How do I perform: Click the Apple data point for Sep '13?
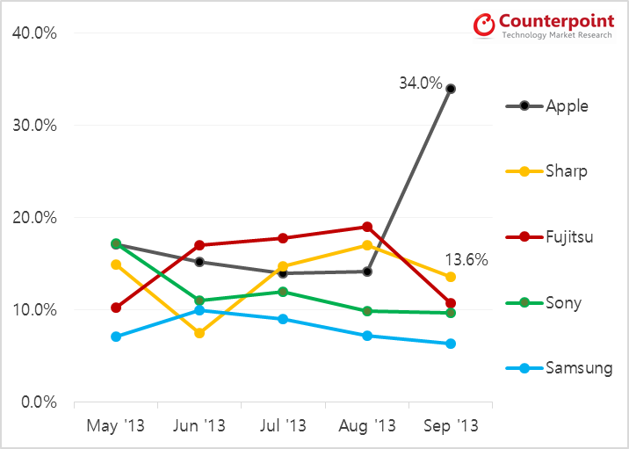click(x=451, y=89)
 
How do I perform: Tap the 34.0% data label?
click(x=421, y=83)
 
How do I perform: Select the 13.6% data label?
click(x=466, y=260)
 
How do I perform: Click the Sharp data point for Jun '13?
click(x=199, y=333)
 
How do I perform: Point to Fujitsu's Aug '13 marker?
click(x=367, y=227)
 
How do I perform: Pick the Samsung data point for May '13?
click(x=116, y=337)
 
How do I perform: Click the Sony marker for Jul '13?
click(x=283, y=292)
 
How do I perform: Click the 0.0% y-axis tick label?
click(x=40, y=402)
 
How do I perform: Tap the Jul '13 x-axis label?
click(x=283, y=426)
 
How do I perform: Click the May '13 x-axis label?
click(x=116, y=426)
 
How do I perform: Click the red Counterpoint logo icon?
click(x=484, y=24)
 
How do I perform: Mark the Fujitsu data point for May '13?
click(x=116, y=308)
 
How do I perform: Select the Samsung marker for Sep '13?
click(x=451, y=344)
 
